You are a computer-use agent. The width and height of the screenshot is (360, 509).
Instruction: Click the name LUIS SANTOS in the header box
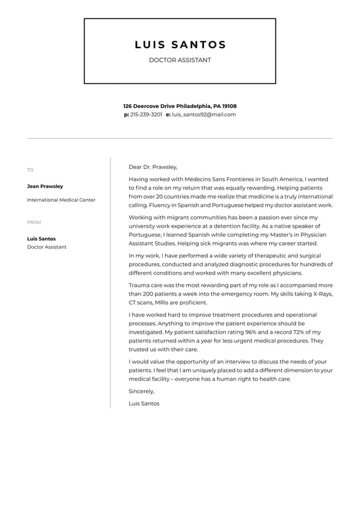(180, 44)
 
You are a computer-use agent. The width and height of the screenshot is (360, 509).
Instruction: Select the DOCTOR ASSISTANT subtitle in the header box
(180, 60)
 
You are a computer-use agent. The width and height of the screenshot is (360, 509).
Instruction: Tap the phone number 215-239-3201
(146, 115)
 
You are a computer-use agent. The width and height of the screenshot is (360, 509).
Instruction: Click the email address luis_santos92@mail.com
(203, 115)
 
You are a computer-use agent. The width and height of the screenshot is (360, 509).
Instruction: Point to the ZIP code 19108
(229, 106)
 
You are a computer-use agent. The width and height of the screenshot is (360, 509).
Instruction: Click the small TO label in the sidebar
(30, 170)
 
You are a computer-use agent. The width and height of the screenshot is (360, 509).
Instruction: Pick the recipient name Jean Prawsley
(45, 186)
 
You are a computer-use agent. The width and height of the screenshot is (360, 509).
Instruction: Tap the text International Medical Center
(61, 200)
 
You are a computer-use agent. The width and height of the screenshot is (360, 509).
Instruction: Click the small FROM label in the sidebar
(34, 223)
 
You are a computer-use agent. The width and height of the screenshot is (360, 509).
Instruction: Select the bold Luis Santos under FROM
(41, 239)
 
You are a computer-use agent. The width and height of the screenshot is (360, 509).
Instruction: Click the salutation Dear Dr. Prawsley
(153, 167)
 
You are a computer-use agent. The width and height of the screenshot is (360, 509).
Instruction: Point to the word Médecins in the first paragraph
(198, 179)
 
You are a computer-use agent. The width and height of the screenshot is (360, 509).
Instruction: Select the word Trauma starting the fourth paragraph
(139, 286)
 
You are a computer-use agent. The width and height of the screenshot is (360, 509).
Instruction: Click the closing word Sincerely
(141, 391)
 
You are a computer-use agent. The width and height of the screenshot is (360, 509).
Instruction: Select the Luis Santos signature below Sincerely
(144, 403)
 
